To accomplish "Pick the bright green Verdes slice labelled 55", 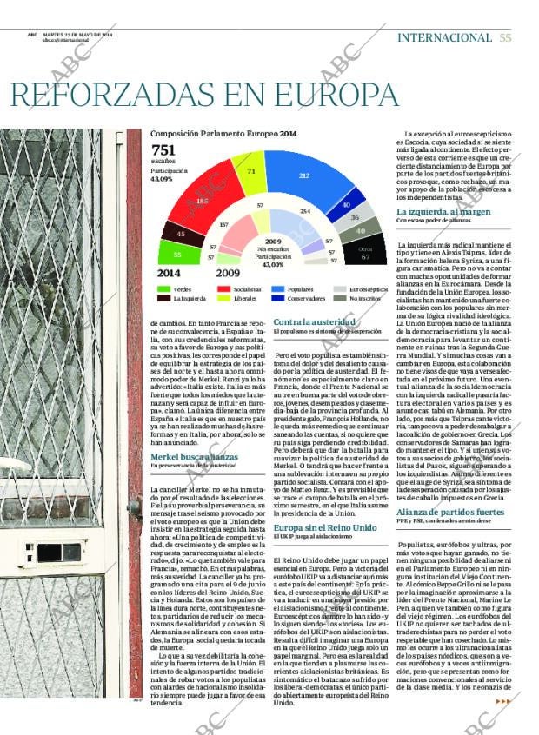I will pyautogui.click(x=176, y=254).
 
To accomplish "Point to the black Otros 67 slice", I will pyautogui.click(x=364, y=255).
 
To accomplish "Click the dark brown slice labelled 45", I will pyautogui.click(x=181, y=233).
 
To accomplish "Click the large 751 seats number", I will pyautogui.click(x=163, y=149).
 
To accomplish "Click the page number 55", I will pyautogui.click(x=506, y=37).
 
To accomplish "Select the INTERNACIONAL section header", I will pyautogui.click(x=444, y=37).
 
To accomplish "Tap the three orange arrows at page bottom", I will pyautogui.click(x=502, y=701).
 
